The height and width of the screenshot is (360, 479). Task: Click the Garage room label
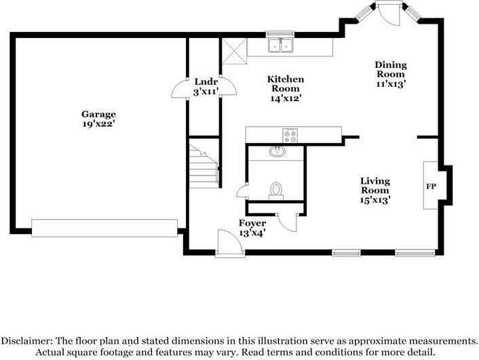[x=98, y=114]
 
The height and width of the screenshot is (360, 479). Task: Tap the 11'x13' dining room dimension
[x=390, y=83]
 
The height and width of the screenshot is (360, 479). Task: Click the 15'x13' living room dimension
[x=375, y=199]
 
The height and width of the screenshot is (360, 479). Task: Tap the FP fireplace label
[x=430, y=185]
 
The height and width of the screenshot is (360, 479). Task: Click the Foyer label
[x=252, y=222]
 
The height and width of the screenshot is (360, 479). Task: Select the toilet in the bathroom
[x=276, y=189]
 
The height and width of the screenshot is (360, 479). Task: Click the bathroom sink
[x=276, y=151]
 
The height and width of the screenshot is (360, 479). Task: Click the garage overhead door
[x=104, y=228]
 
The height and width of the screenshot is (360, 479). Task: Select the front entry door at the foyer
[x=230, y=243]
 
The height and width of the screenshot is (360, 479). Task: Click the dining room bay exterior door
[x=389, y=12]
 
